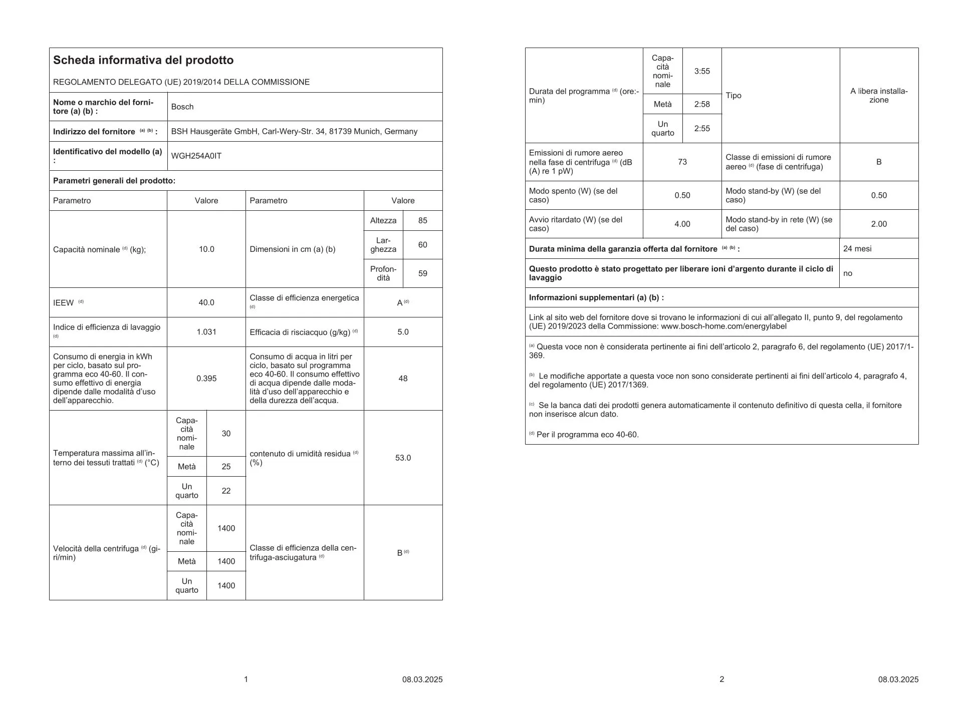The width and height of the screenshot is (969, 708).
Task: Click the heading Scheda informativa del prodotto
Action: point(143,61)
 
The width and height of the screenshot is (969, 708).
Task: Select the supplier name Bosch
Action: point(182,107)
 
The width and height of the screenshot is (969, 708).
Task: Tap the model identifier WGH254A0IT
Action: point(196,156)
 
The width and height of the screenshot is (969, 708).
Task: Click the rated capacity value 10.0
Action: point(206,249)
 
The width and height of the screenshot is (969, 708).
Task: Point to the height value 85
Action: point(422,220)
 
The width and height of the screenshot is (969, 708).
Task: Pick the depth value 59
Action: point(422,273)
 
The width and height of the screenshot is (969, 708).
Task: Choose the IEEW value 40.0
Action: point(206,302)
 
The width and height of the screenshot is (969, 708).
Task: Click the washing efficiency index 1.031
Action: point(206,332)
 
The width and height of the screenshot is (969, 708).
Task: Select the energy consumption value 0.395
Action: point(206,379)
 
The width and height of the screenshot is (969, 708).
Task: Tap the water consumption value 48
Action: point(403,379)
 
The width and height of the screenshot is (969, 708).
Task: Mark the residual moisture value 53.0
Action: point(403,458)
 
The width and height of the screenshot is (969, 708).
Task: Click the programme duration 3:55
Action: point(702,71)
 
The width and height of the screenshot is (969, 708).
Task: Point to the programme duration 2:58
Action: point(702,104)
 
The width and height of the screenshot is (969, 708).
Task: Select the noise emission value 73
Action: point(682,162)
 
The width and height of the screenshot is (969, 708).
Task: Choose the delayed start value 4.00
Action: point(682,224)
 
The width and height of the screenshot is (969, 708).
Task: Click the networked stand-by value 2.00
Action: point(879,224)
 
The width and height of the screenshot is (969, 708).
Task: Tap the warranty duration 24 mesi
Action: point(857,248)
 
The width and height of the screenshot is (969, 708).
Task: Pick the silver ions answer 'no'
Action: point(848,273)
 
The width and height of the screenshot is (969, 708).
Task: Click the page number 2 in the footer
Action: point(721,679)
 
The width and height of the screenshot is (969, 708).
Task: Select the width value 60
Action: point(422,245)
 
